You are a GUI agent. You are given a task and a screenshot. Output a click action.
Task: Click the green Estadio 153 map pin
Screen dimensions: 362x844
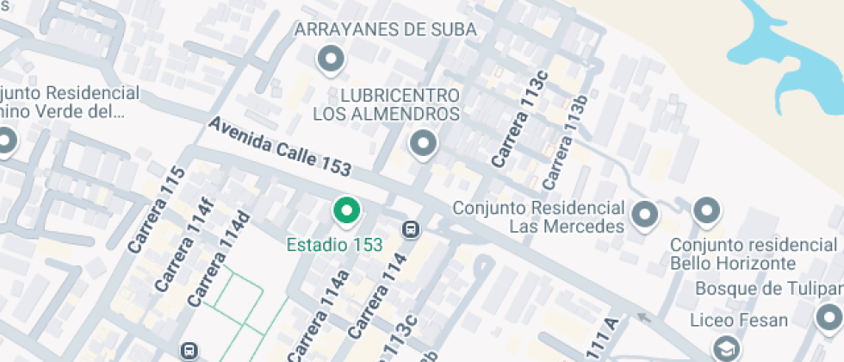point(346,210)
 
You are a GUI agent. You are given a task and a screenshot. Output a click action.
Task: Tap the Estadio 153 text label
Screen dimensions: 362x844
point(334,245)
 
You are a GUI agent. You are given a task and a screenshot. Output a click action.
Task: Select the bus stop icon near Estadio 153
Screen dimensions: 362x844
point(411,229)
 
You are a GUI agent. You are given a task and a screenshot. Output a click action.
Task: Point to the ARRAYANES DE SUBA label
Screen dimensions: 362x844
point(385,29)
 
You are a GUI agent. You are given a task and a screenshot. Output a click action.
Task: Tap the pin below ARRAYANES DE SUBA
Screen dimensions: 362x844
point(330,59)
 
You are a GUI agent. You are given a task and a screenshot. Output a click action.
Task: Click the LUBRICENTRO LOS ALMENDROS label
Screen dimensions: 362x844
point(387,103)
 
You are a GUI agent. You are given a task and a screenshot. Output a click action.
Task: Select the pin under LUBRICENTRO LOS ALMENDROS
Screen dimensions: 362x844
point(422,144)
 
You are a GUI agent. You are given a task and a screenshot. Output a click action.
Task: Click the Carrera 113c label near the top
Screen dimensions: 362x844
point(520,122)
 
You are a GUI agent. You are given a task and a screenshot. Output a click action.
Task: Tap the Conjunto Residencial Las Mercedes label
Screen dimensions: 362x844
point(538,217)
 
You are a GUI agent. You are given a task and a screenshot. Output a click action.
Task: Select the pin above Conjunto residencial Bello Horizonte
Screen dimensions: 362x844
point(707,209)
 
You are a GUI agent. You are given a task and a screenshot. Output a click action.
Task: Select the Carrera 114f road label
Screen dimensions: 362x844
point(183,245)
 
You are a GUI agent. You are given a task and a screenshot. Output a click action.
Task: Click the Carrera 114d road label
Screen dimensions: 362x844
point(219,259)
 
